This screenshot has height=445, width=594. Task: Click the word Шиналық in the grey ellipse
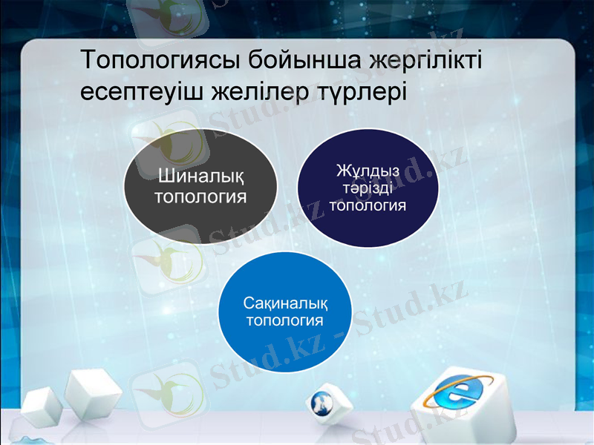click(200, 177)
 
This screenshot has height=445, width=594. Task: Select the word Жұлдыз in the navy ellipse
click(368, 172)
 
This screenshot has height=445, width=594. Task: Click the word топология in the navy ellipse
click(368, 205)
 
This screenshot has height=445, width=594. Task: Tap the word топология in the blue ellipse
click(284, 320)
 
